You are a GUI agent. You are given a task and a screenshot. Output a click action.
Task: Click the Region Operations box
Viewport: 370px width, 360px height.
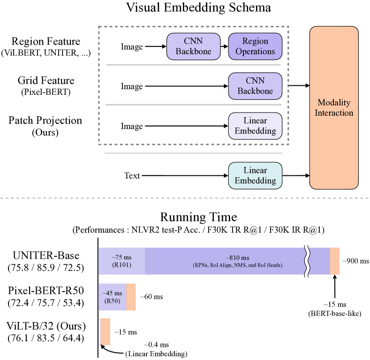tap(255, 46)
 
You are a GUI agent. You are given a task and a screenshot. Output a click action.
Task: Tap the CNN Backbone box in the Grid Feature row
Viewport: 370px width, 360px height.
tap(255, 86)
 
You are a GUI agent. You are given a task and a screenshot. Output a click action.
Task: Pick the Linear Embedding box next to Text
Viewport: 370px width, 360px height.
tap(255, 175)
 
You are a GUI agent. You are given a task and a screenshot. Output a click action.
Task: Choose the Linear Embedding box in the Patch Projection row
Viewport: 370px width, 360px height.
tap(255, 126)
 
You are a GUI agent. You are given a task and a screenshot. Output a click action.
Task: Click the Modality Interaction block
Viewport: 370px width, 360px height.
tap(334, 108)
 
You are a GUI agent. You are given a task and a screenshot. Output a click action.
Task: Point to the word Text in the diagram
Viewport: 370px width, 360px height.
tap(132, 176)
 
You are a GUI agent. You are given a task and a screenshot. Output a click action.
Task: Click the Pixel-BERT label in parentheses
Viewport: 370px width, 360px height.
tap(46, 91)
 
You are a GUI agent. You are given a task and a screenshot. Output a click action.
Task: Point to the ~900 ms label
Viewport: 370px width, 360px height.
tap(355, 261)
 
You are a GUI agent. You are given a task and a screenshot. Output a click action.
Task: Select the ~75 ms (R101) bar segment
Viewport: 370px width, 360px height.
tap(121, 261)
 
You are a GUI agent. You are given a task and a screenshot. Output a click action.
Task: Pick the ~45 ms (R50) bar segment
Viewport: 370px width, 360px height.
tap(112, 297)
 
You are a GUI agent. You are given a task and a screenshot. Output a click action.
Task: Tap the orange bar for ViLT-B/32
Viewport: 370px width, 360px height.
tap(106, 331)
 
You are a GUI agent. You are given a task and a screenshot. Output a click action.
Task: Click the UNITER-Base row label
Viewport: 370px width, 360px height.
tap(46, 255)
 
